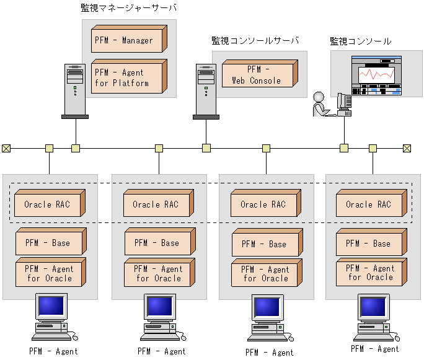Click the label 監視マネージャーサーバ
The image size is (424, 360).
tap(128, 8)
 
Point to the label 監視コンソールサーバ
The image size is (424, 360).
tap(255, 41)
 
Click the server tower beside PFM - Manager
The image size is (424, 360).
tap(75, 91)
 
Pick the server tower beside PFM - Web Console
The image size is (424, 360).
tap(206, 91)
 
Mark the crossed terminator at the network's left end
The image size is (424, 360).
tap(6, 148)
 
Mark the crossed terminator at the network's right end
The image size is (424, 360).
tap(407, 148)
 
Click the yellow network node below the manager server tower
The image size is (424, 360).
tap(76, 148)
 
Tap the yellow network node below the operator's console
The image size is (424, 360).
tap(344, 148)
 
